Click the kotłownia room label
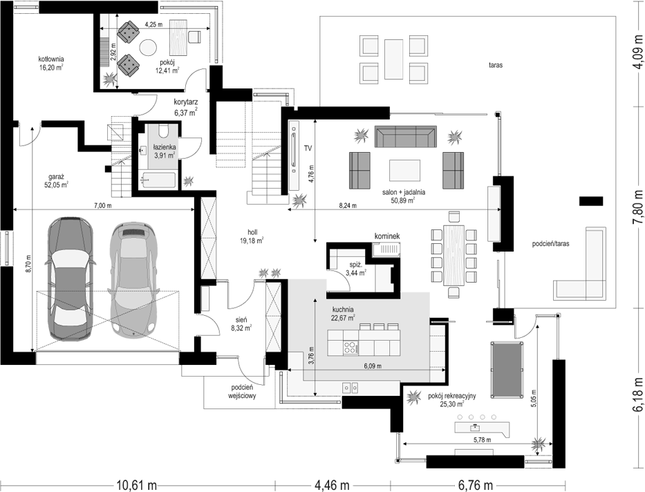[x=51, y=63]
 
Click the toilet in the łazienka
[x=163, y=131]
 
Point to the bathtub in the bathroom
[x=158, y=180]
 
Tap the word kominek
[x=386, y=236]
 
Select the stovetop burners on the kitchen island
[x=350, y=348]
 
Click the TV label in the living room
[x=307, y=149]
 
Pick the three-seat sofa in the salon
[x=406, y=136]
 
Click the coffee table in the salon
[x=405, y=171]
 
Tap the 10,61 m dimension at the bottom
[x=137, y=485]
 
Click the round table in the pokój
[x=148, y=48]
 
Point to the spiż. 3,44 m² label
[x=356, y=269]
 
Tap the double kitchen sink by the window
[x=351, y=387]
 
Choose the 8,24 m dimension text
[x=348, y=205]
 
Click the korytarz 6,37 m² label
[x=186, y=106]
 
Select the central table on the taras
[x=393, y=59]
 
